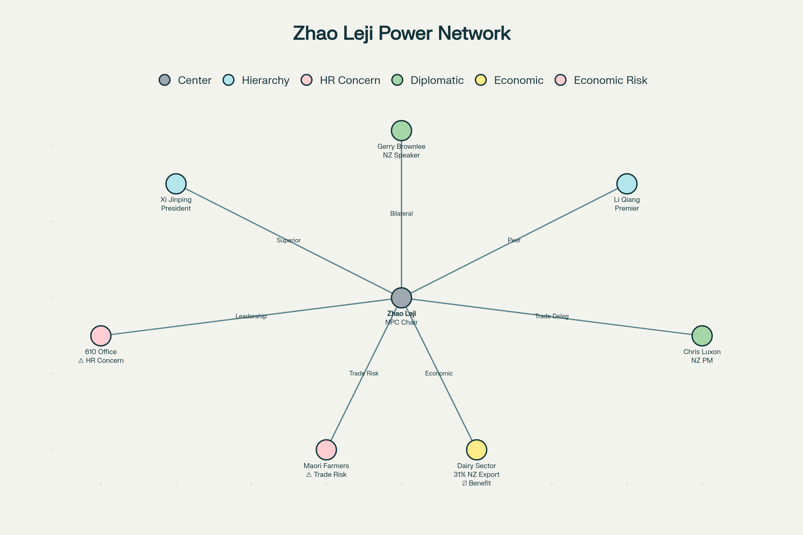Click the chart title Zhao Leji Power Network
401,33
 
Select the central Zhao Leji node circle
401,298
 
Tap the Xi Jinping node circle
176,184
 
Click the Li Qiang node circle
627,184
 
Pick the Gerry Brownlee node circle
401,130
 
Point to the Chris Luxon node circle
702,336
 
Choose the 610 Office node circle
101,336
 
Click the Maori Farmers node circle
326,450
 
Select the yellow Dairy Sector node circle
476,450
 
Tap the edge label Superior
288,240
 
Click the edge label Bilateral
401,214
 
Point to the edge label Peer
514,240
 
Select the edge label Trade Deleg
551,316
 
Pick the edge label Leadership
251,316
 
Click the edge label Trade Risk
364,373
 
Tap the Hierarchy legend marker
229,80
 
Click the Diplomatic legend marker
397,80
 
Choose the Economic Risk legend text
610,80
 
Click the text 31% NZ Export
476,474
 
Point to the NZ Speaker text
401,155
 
